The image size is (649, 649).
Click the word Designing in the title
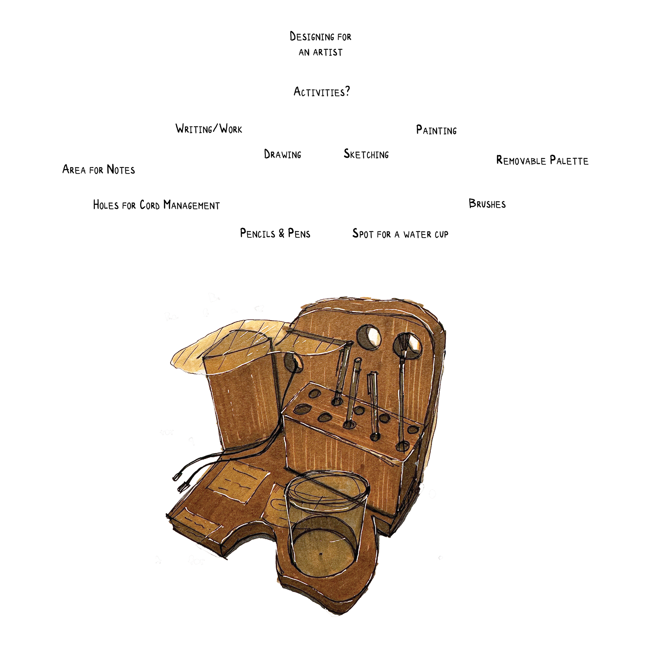click(x=307, y=37)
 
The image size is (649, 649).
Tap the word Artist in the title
click(x=328, y=52)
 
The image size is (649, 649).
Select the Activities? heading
click(x=321, y=92)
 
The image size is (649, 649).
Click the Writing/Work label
click(x=209, y=129)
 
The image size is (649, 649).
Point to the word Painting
click(x=436, y=130)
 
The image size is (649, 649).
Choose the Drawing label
click(x=283, y=154)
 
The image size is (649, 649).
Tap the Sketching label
click(x=366, y=154)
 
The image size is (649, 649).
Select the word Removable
click(x=521, y=160)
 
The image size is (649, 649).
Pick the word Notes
click(x=121, y=169)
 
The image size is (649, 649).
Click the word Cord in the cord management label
click(x=149, y=205)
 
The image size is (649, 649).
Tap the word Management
click(x=191, y=205)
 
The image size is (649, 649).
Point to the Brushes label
click(x=487, y=203)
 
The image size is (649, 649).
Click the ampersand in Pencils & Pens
click(x=282, y=233)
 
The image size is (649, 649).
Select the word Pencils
click(x=258, y=233)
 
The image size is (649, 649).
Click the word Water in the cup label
click(x=417, y=234)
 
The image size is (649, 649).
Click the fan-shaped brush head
click(x=403, y=344)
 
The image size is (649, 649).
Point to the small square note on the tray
click(x=238, y=482)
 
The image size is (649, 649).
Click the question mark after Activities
click(x=347, y=91)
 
